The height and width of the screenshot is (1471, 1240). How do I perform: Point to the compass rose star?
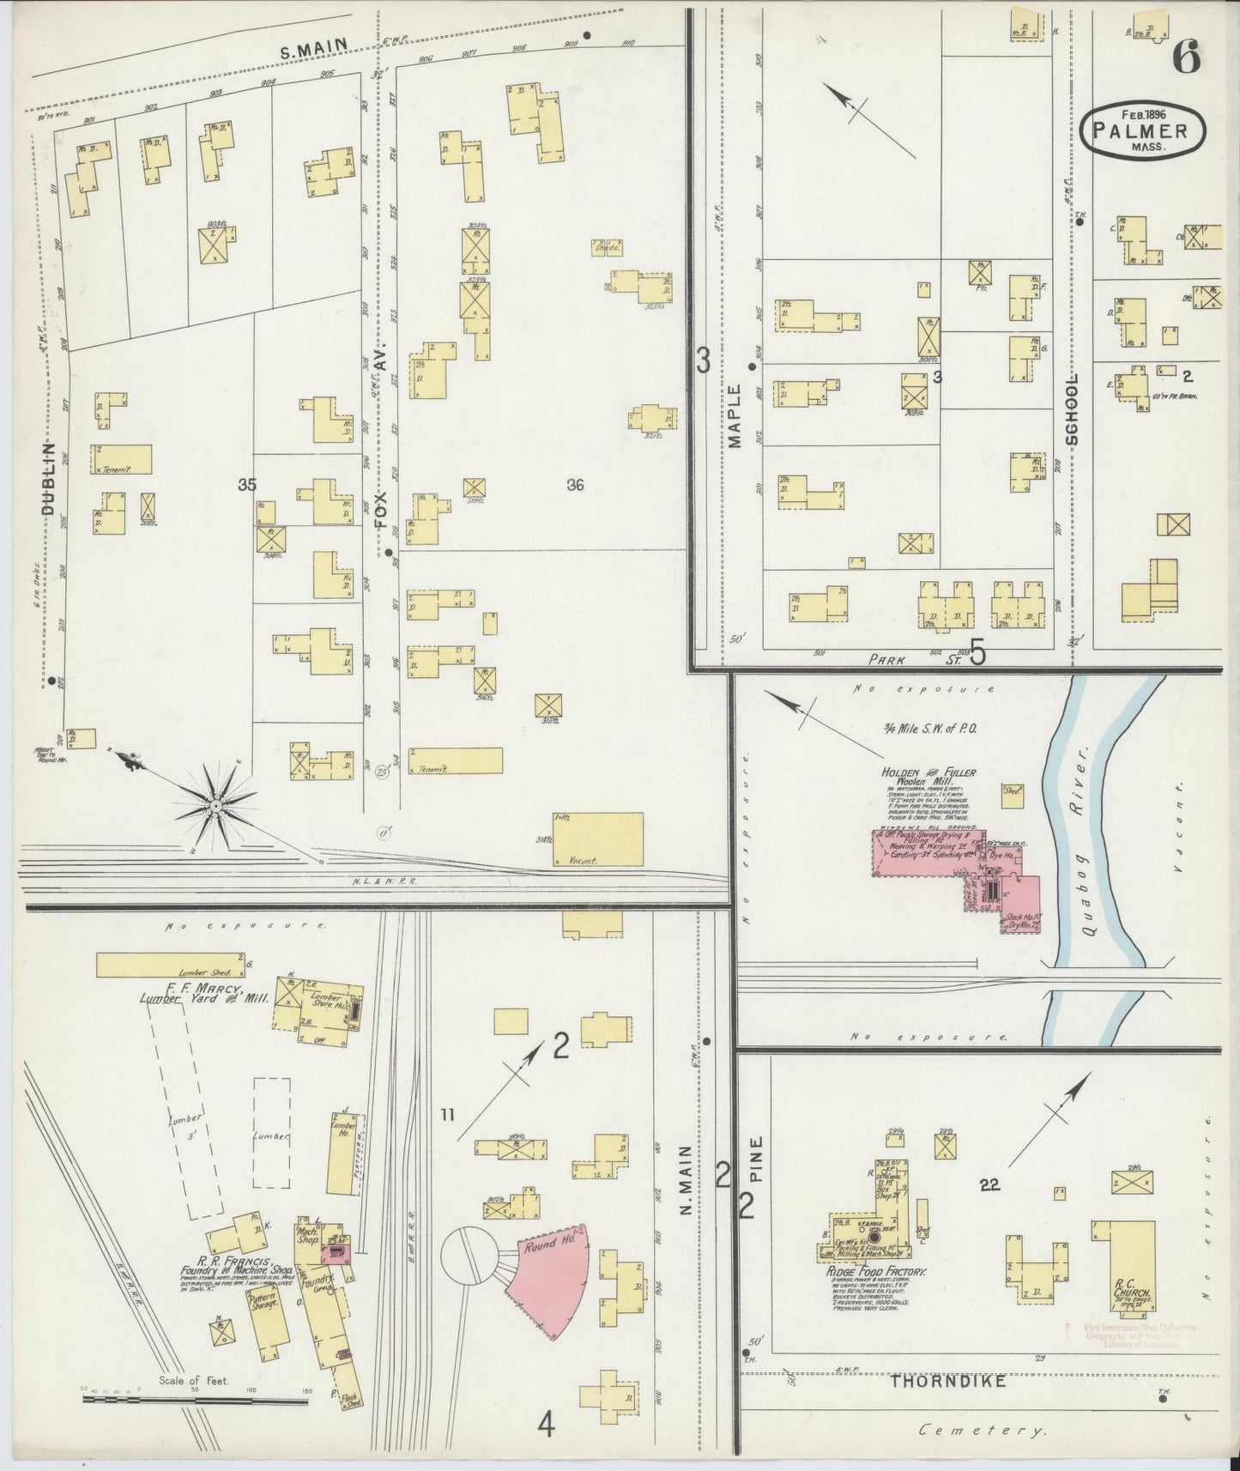(216, 805)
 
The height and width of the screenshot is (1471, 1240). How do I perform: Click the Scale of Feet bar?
(195, 1399)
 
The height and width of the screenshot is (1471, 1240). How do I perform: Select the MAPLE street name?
(735, 416)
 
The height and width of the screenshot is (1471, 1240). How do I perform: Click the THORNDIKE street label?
(947, 1381)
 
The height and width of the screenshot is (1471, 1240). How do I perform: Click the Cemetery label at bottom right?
(983, 1431)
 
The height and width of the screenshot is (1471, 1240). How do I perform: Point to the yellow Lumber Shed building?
(170, 965)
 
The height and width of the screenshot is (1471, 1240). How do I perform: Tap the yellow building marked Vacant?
(598, 838)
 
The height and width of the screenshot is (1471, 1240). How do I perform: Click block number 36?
(575, 485)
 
